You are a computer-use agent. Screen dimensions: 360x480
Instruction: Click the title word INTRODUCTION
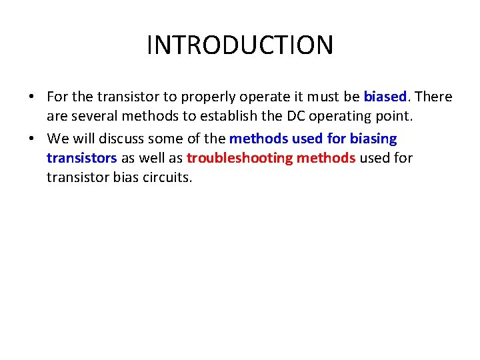point(240,45)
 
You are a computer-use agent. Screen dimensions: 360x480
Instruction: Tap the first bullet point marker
point(32,97)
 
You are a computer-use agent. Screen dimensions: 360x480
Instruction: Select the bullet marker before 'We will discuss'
point(32,139)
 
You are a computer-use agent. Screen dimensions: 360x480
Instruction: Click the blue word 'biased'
point(385,97)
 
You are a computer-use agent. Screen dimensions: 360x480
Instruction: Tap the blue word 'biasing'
point(373,139)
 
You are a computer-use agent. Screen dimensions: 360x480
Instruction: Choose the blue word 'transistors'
point(81,158)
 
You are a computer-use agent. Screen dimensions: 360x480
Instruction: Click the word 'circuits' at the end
point(168,177)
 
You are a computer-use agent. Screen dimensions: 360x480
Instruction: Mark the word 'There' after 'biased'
point(433,97)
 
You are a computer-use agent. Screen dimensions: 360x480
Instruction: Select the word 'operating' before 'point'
point(349,115)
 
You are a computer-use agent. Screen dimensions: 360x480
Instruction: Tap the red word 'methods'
point(325,158)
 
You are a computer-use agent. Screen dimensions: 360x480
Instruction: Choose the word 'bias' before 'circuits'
point(129,177)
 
